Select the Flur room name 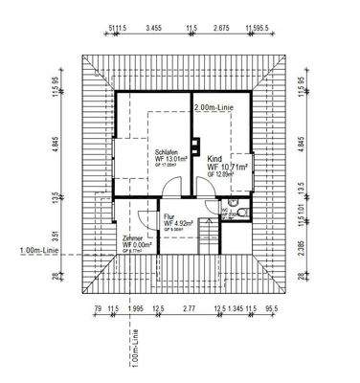(x=169, y=217)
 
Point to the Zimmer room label (x=133, y=237)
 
